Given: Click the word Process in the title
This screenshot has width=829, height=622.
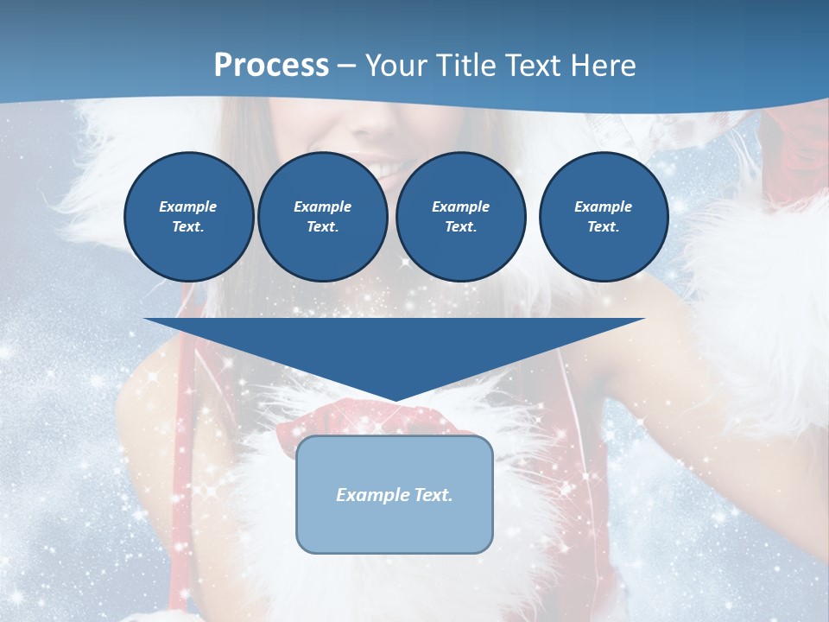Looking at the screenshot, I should pos(271,66).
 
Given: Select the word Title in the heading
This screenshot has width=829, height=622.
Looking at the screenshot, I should pos(468,66).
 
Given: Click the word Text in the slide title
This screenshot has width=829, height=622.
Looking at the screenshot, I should pos(535,66).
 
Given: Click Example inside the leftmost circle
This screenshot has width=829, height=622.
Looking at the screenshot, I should pos(188,206).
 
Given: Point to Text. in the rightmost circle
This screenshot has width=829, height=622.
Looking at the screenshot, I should pos(603,227).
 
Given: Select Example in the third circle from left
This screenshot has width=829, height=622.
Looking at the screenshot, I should pos(460,206).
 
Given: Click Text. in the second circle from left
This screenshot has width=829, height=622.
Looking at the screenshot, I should pos(322,227).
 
